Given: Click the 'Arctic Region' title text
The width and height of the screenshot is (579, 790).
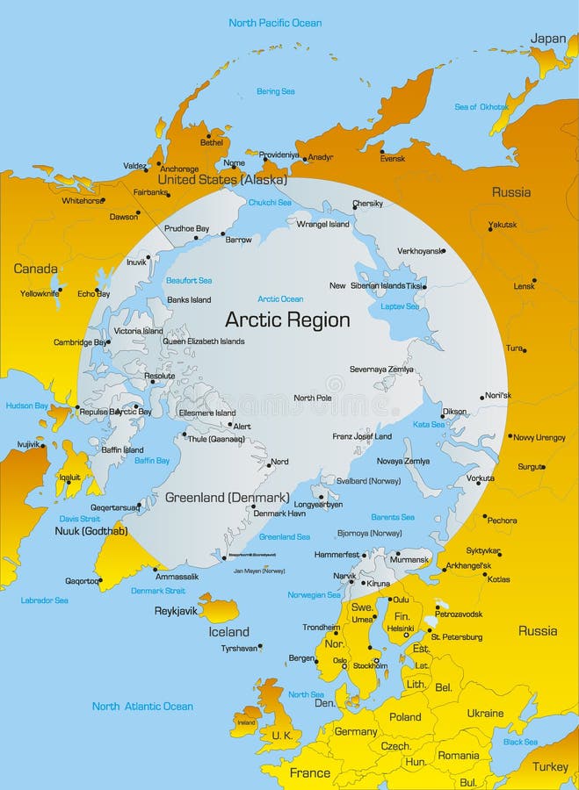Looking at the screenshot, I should coord(287,320).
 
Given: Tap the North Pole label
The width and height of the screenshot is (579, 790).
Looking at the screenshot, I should coord(313,398).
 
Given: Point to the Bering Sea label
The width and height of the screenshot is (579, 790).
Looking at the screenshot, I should coord(275,91).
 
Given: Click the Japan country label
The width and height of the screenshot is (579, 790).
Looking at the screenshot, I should coord(548,39).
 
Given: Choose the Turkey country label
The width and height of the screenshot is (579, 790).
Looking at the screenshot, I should coord(550,766).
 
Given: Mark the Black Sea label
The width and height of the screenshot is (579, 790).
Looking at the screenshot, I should coord(520,742).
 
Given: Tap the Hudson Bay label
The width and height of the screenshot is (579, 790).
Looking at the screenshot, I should coord(27,406).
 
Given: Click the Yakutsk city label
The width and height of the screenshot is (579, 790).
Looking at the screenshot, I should coord(503,226).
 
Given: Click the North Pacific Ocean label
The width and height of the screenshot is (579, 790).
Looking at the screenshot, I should coord(275,23).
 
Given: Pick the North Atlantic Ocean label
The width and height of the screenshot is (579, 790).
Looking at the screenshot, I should coord(142,706).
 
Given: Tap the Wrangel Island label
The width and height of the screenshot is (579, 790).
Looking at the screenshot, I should coord(323,224).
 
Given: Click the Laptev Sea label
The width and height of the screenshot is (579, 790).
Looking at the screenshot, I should coord(400,306).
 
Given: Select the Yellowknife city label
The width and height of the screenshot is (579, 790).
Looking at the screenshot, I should coord(40,293).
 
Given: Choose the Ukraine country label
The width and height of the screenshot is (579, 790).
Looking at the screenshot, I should coord(485,713).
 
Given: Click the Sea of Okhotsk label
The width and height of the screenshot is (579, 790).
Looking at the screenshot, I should coord(481,107).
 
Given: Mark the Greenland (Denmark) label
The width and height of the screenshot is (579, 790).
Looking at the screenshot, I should coord(227,497).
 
